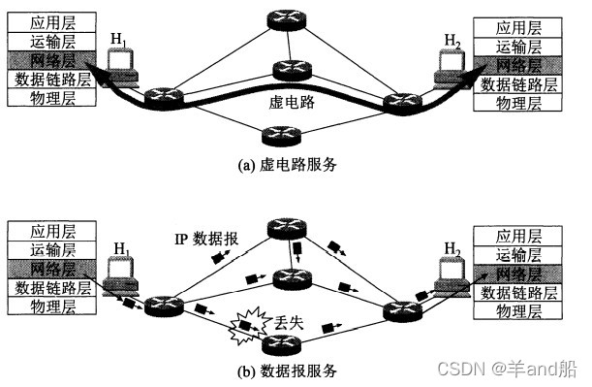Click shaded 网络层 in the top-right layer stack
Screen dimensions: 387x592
pyautogui.click(x=517, y=64)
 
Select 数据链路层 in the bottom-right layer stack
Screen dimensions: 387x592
pyautogui.click(x=519, y=292)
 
